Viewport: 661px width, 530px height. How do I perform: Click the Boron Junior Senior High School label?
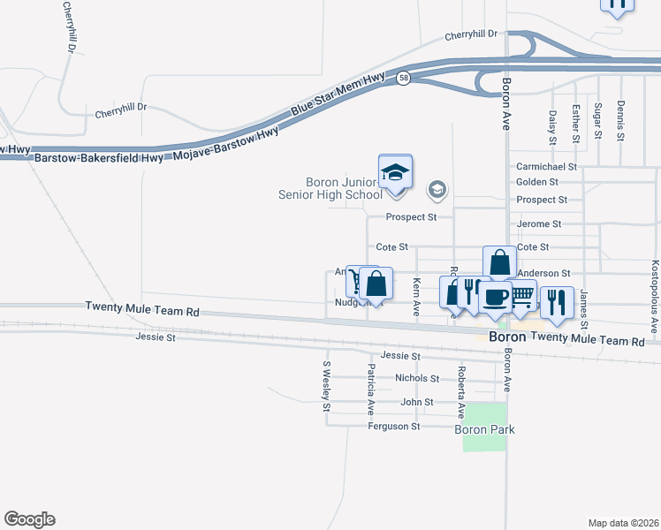344,188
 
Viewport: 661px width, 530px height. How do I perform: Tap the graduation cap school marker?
396,171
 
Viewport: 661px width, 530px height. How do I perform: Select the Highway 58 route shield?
403,78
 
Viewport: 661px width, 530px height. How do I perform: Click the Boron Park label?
484,430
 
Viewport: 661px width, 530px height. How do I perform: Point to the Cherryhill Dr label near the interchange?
472,34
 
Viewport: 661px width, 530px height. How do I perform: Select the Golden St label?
537,182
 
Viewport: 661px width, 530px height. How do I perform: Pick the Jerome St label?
539,224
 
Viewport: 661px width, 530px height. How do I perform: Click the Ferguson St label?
394,427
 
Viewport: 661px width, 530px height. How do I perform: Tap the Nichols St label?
417,378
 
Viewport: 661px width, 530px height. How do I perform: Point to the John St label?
417,402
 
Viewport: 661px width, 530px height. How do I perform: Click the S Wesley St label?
326,387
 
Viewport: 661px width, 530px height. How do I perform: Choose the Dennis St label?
621,121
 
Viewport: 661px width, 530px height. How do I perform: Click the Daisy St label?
552,126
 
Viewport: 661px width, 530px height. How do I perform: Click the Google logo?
29,519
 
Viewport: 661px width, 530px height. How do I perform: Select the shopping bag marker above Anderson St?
500,262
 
